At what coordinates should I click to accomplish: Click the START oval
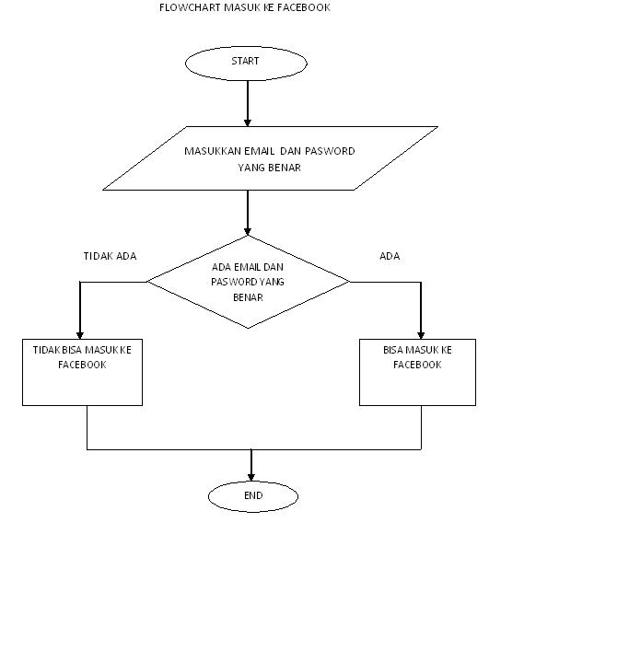[x=246, y=62]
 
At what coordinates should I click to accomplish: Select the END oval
[x=253, y=496]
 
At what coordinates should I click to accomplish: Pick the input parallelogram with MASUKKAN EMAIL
[x=270, y=158]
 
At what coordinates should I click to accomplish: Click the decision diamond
[x=249, y=281]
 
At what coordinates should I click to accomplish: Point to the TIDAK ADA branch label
[x=110, y=256]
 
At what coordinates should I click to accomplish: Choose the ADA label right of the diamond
[x=390, y=256]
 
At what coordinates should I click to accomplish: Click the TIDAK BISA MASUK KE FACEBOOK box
[x=83, y=372]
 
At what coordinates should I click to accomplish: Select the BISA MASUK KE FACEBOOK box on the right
[x=417, y=372]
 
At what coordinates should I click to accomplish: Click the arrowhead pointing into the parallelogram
[x=248, y=121]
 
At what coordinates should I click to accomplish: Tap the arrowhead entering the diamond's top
[x=248, y=229]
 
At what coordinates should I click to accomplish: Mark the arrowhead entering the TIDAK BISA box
[x=80, y=333]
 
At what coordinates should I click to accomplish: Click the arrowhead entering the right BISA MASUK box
[x=421, y=333]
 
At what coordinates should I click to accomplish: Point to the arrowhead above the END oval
[x=250, y=476]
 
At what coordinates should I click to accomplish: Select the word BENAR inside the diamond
[x=249, y=297]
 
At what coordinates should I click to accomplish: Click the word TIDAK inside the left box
[x=47, y=350]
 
